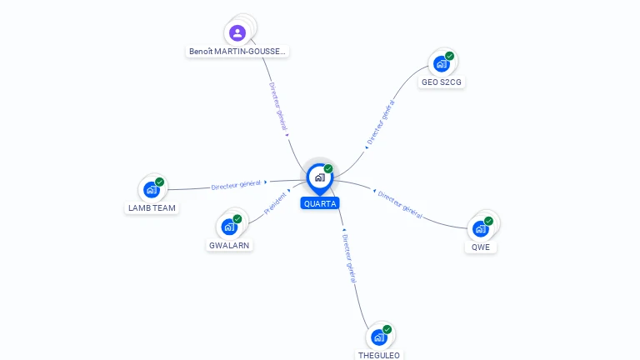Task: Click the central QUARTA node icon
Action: coord(319,177)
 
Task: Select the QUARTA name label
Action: coord(320,203)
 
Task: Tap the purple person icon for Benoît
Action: coord(237,33)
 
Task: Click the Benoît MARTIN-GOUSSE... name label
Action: coord(237,52)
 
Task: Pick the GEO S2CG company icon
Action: coord(441,64)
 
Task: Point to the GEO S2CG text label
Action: coord(442,82)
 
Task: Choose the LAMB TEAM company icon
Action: coord(151,189)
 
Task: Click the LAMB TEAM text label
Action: coord(152,207)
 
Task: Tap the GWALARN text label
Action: coord(229,245)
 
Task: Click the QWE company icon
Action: coord(480,228)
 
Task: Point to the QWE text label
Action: coord(480,247)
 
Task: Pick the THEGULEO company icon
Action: coord(378,337)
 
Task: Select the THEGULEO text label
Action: coord(379,355)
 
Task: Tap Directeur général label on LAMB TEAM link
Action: coord(236,184)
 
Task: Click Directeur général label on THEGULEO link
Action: coord(349,258)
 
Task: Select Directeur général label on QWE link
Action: coord(400,204)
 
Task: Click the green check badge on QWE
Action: coord(488,221)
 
